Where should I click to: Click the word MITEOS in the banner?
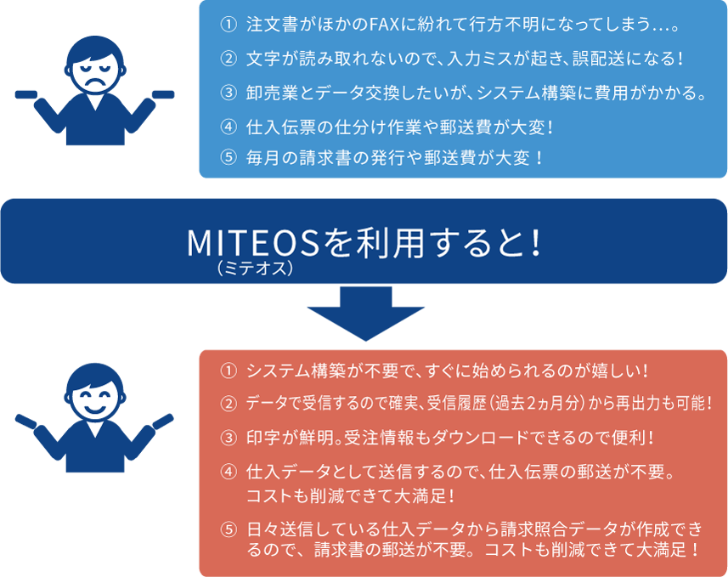click(x=253, y=243)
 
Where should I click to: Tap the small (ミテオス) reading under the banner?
click(x=255, y=269)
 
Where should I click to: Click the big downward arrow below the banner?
click(x=366, y=314)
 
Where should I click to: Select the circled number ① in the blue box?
click(x=229, y=24)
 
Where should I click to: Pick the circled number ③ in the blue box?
click(x=229, y=93)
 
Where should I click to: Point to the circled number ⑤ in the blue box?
click(x=229, y=157)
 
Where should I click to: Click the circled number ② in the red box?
click(x=229, y=404)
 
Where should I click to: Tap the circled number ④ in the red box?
click(x=229, y=472)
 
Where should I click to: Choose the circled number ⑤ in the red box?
click(x=229, y=529)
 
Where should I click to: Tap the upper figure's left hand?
click(x=26, y=94)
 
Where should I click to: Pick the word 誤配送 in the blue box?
click(x=597, y=59)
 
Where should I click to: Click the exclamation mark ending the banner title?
click(x=536, y=243)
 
